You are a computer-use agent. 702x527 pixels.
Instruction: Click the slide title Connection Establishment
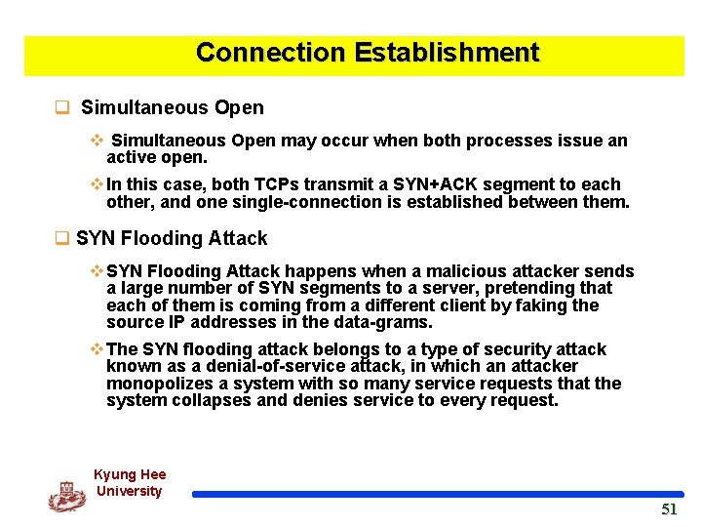(367, 53)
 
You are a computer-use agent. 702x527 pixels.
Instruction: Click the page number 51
(668, 509)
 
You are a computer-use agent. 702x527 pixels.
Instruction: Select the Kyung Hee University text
(130, 483)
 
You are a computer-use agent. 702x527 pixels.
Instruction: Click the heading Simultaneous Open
(172, 107)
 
